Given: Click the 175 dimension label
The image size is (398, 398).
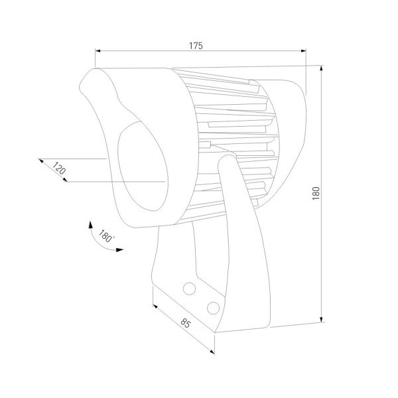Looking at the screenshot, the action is tap(196, 46).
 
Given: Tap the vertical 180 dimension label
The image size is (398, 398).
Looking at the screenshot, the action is tap(316, 193).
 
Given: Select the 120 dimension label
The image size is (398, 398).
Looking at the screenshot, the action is tap(59, 168).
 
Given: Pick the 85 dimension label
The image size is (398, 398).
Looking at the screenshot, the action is tap(186, 323).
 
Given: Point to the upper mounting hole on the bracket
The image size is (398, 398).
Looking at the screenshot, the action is tap(189, 289).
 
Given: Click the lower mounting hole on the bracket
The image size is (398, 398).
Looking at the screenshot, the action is tap(213, 308).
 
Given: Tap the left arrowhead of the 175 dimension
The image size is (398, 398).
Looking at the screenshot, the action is tap(98, 51).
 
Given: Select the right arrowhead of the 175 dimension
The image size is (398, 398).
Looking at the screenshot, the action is tap(303, 51).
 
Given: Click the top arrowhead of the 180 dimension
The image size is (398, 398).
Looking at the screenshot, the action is tap(321, 68).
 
